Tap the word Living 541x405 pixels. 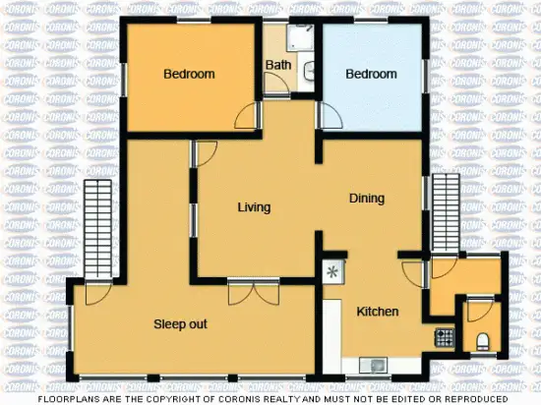[x=254, y=207]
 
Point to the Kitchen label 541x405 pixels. [x=377, y=312]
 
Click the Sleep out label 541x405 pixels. [x=179, y=323]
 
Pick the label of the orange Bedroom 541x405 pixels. [x=189, y=74]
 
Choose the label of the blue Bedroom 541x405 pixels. [x=371, y=74]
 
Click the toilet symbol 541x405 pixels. [x=482, y=340]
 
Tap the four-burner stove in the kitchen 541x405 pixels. [x=445, y=337]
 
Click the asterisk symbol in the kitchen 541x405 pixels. [x=332, y=270]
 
